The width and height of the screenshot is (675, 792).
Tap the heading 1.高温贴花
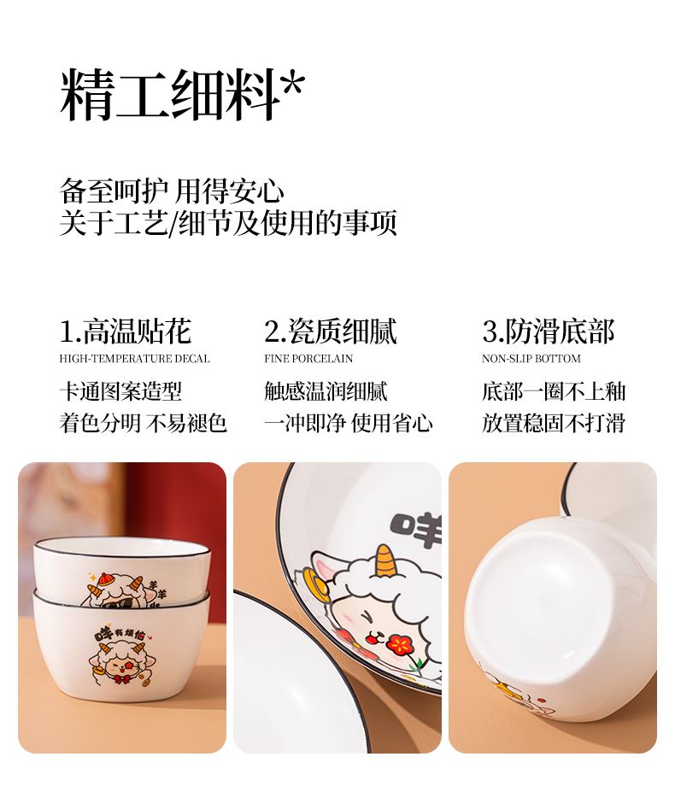[126, 331]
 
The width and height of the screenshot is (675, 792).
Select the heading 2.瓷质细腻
[331, 331]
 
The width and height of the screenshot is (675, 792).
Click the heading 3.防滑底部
[549, 331]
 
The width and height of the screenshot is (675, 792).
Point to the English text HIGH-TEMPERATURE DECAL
[134, 359]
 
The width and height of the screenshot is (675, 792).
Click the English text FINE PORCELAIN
[308, 359]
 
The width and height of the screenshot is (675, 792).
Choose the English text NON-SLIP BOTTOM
[531, 359]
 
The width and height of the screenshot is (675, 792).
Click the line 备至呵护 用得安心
[172, 191]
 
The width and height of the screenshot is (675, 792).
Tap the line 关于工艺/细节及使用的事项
[228, 223]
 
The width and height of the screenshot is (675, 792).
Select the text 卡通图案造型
[120, 391]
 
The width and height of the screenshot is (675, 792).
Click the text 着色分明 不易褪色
[143, 423]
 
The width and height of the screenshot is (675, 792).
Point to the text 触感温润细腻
[326, 391]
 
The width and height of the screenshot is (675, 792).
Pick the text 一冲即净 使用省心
[349, 423]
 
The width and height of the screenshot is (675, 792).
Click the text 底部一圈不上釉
[554, 391]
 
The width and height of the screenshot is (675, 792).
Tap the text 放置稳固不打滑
[554, 423]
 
